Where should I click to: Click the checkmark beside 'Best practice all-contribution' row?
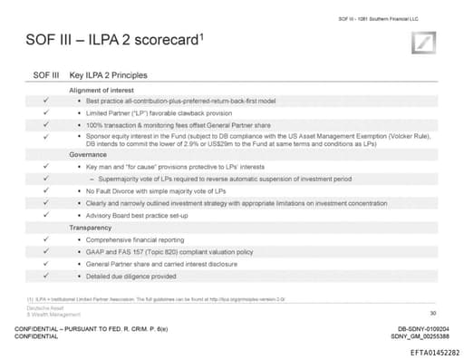click(x=45, y=100)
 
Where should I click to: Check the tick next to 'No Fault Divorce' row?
click(x=45, y=191)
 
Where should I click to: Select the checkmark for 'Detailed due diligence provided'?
click(x=45, y=275)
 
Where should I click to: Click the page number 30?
click(x=433, y=311)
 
